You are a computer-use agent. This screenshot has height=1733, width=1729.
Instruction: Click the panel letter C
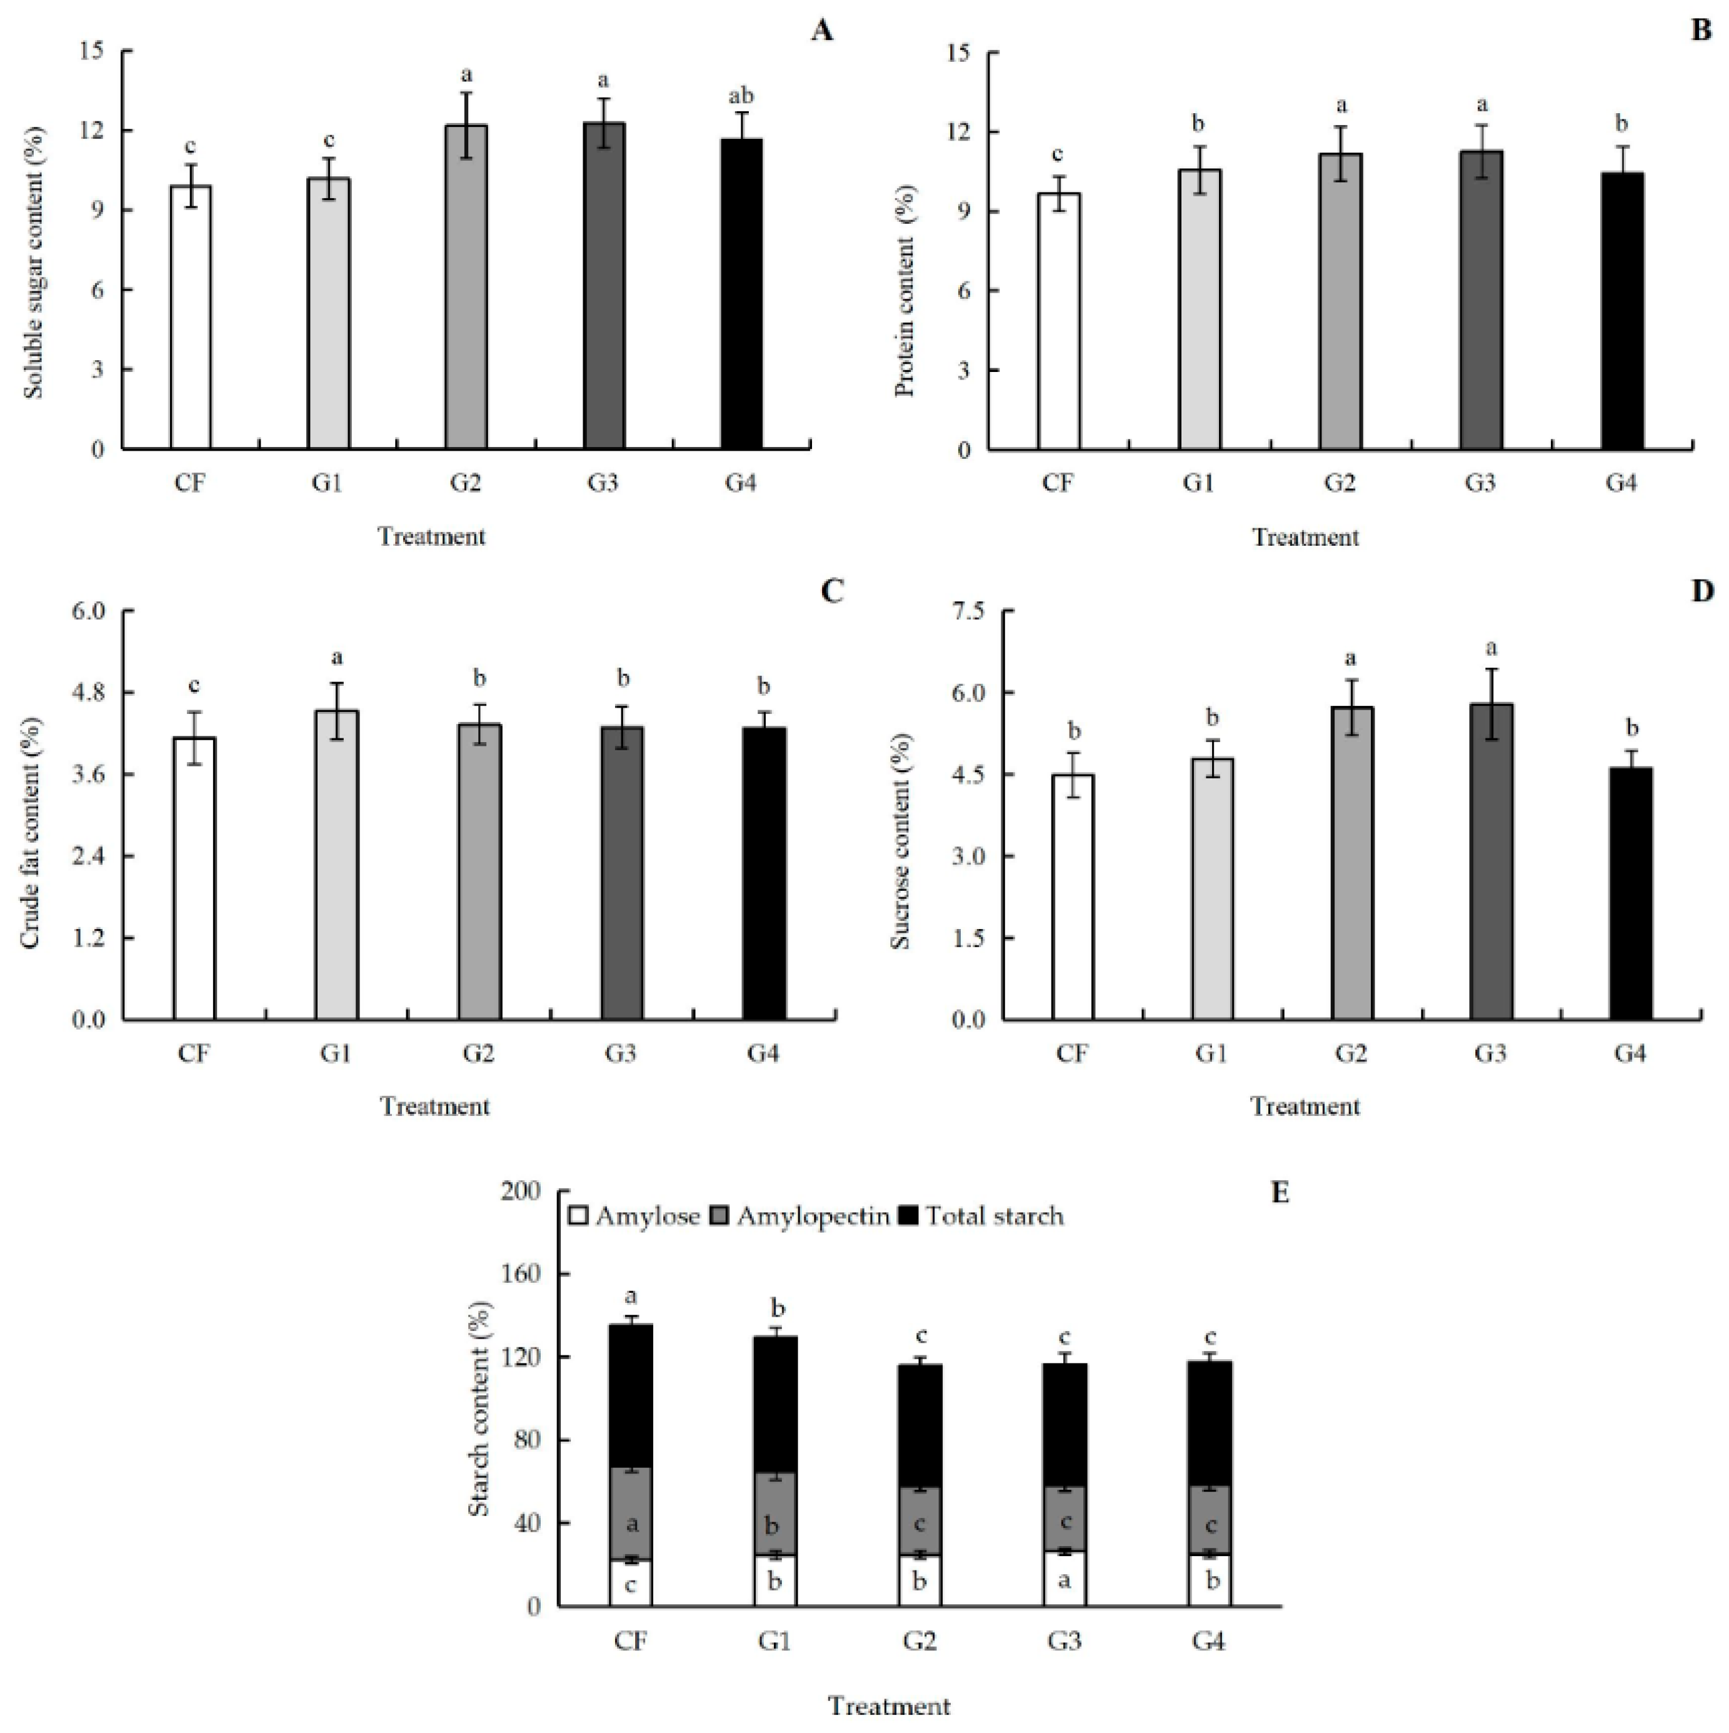(831, 592)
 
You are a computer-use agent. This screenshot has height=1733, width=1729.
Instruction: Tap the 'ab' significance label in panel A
(741, 96)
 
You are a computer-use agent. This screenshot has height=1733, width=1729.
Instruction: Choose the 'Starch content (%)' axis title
(480, 1409)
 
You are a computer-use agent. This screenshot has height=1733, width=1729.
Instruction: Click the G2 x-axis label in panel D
(1351, 1053)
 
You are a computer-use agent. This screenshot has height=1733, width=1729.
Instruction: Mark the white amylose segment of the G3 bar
(1065, 1579)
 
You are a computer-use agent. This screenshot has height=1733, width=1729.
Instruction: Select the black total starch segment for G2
(920, 1426)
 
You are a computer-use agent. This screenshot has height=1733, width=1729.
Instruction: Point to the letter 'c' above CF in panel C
(194, 686)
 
